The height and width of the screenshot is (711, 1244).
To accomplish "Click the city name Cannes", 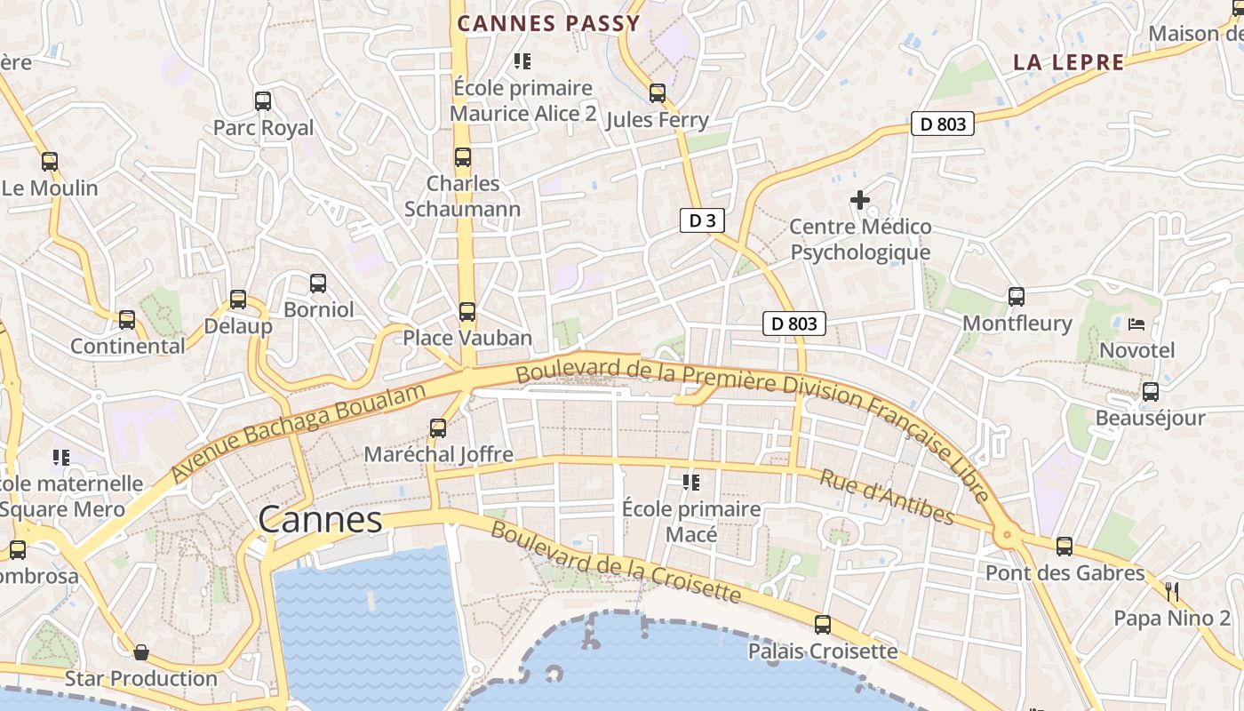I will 320,520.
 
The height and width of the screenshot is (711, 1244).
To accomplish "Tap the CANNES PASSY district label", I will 548,24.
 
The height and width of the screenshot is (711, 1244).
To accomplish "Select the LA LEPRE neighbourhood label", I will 1069,62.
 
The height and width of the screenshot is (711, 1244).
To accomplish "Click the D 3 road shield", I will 702,220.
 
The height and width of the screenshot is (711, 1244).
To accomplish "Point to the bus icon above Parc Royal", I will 263,101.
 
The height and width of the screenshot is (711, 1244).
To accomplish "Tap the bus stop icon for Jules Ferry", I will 657,93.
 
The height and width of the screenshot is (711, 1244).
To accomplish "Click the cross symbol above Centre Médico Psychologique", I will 859,201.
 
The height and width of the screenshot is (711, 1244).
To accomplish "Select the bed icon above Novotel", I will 1136,324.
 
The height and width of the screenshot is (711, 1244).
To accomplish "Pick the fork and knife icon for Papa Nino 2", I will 1172,591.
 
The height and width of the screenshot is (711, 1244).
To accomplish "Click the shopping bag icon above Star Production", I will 140,652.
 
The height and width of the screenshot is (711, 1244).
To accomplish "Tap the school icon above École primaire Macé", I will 690,483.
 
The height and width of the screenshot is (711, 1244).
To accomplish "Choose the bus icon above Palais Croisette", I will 823,625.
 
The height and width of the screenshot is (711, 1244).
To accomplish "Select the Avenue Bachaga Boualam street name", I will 292,434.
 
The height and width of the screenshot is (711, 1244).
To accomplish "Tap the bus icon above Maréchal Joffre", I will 438,428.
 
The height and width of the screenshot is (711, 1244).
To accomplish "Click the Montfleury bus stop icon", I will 1017,297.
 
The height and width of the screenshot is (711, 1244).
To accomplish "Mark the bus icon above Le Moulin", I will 50,162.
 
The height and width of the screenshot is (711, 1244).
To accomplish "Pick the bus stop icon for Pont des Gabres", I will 1065,547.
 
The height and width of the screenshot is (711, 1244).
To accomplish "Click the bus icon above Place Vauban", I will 467,312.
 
